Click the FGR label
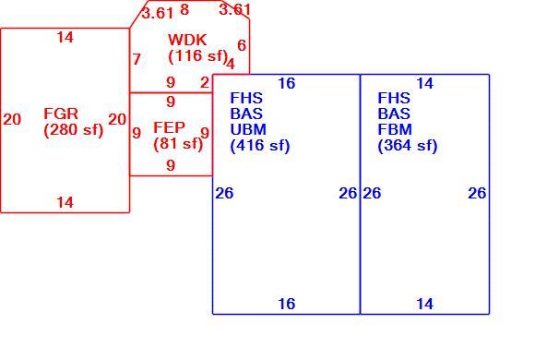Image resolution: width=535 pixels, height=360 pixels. coord(61,114)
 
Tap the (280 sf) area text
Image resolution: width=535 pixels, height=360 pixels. coord(74,130)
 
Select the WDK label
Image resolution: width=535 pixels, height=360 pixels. coord(187,40)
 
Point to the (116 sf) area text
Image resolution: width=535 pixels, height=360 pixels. coord(198,55)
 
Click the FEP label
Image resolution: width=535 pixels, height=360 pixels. coord(169,127)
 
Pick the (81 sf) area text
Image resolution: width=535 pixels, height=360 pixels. coord(178,143)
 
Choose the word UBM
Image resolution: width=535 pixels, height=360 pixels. coord(248,129)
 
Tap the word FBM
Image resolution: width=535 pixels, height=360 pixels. coord(395,129)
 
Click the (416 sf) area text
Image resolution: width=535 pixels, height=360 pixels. coord(260,146)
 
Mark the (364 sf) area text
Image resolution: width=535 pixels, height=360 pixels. coord(408,146)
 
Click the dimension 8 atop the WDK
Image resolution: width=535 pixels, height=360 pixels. coord(184,9)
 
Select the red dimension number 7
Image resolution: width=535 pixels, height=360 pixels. coord(137,59)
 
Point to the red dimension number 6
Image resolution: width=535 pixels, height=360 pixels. coord(242,45)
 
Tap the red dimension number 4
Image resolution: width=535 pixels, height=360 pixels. coord(231,64)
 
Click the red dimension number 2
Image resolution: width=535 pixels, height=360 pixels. coord(205,82)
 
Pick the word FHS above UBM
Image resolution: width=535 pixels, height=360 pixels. coord(246,98)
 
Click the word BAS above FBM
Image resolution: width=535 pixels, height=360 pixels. coord(393,114)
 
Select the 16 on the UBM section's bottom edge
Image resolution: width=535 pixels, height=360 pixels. coord(287,304)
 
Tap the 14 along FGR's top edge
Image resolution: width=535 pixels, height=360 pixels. coord(65,37)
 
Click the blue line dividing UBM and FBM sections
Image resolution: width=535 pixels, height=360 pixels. coord(361,194)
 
